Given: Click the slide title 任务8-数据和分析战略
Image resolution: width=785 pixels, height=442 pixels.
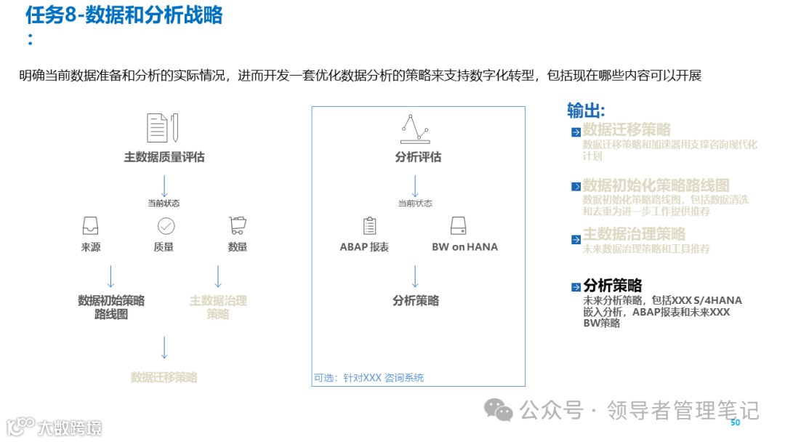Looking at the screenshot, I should pos(124,15).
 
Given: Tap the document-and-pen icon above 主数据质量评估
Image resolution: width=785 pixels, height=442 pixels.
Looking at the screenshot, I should pos(163,128).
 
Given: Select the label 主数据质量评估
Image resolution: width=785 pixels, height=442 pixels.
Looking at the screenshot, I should pos(164,157).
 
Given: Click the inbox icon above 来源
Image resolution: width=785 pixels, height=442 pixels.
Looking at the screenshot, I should pos(91,225).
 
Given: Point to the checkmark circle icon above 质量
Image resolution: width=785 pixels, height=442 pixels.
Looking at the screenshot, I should pos(166,225).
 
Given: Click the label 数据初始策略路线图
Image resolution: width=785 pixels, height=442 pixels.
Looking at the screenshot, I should pos(111,308).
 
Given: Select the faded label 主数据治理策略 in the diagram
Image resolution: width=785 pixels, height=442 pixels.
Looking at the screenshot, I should pos(218,308).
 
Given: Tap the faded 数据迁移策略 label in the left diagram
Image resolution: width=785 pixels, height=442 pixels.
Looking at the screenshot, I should pos(164,377).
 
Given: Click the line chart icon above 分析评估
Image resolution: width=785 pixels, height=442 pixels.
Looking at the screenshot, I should pos(415,128).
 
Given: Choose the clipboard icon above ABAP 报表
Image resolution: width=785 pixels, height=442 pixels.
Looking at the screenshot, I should pos(369,225).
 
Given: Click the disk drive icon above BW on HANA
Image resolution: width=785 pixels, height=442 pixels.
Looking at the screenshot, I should pos(458,225).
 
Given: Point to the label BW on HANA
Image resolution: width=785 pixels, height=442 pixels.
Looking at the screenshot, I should pos(464,247).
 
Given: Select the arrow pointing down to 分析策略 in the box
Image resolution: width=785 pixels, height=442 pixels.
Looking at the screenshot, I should pos(415,276).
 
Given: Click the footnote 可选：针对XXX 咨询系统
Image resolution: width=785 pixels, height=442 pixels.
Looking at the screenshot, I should pos(369,378).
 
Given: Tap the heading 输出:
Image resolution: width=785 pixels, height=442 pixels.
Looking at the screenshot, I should pos(586,110).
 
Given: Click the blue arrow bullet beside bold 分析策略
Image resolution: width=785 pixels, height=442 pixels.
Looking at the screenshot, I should pos(576,287).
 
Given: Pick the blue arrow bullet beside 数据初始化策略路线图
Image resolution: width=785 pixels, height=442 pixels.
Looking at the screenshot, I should pos(576,187).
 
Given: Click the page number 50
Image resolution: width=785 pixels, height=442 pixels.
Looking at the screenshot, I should pos(735,423).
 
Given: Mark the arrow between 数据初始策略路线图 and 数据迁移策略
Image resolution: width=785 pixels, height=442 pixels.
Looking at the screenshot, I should pos(164,347).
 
